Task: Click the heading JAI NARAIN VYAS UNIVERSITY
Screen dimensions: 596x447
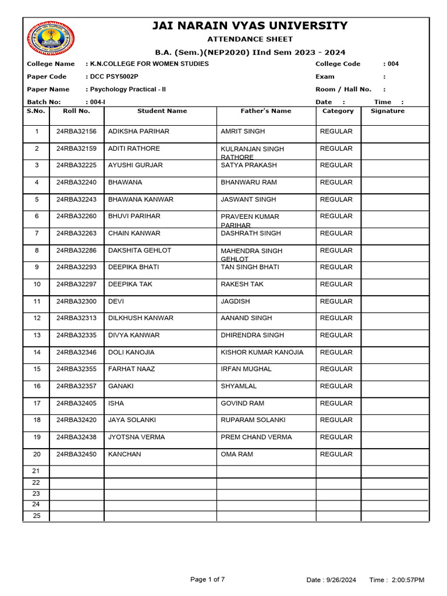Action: [250, 26]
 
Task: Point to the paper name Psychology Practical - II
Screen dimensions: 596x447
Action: [127, 90]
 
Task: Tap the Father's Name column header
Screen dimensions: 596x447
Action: [266, 111]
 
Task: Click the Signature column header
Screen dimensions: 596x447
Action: [387, 111]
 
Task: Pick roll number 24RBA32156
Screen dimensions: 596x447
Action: [76, 132]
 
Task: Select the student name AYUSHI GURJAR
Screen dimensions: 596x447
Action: [136, 165]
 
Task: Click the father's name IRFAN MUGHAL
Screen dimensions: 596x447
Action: [246, 369]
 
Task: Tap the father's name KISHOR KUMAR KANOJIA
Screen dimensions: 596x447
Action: [262, 352]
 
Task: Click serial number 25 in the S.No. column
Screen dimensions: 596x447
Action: [36, 516]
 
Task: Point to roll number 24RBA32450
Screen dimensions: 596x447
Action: [76, 454]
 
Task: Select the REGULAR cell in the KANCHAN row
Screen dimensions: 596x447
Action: [336, 454]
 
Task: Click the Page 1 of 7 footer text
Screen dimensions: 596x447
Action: [208, 579]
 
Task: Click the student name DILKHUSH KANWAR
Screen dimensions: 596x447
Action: [140, 318]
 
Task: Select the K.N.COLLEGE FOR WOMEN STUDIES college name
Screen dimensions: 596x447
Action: [149, 64]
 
